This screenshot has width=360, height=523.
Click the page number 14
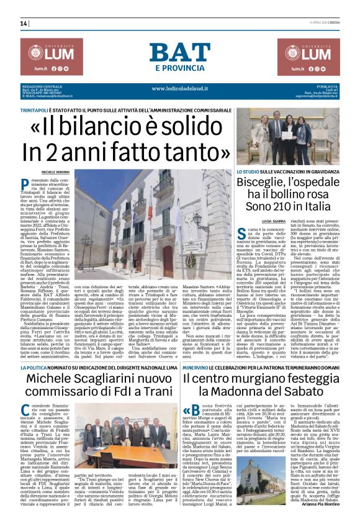pyautogui.click(x=24, y=24)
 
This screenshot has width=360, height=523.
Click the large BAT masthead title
pyautogui.click(x=179, y=52)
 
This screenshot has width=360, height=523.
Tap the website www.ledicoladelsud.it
pyautogui.click(x=179, y=88)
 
